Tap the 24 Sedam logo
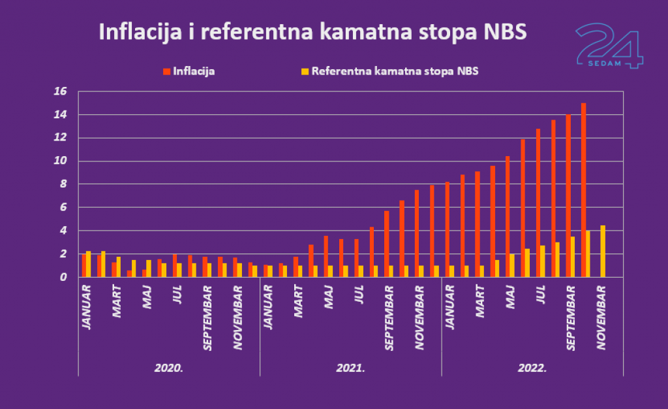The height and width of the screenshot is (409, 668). point(609,46)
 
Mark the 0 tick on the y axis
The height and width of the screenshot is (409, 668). point(63,277)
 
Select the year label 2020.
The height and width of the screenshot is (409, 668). point(169,368)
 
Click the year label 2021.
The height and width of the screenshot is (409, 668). point(351,368)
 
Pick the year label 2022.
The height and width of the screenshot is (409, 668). point(532,368)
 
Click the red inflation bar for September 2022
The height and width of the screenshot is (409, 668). point(568,196)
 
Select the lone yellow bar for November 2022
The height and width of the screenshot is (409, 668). point(603,252)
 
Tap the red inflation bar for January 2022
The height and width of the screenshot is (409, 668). point(447,229)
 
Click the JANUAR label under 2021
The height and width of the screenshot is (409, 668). point(268,304)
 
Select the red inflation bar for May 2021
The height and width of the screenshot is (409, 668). point(326,257)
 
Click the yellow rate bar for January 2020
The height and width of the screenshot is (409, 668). point(89,264)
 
